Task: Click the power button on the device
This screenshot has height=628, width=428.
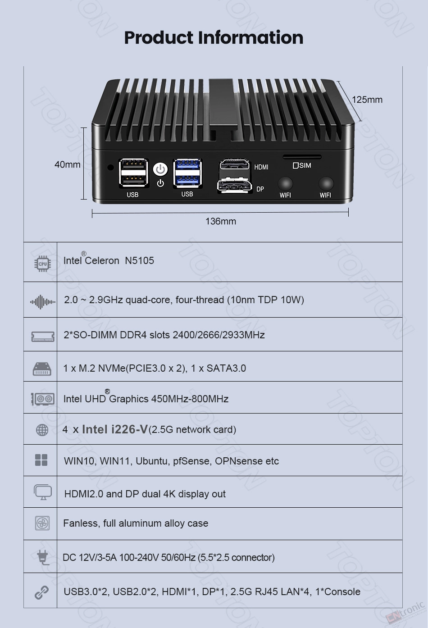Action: coord(160,169)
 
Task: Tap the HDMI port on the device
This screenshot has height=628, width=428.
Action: coord(235,164)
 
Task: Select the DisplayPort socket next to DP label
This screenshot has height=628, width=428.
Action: coord(235,186)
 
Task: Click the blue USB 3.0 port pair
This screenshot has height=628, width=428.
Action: coord(187,173)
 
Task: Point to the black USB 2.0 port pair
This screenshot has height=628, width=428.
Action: coord(133,173)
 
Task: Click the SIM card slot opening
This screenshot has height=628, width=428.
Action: coord(302,157)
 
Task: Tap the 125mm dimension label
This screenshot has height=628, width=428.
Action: coord(367,100)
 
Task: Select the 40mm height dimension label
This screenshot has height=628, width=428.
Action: coord(68,164)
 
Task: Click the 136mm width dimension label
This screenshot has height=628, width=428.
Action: coord(221,222)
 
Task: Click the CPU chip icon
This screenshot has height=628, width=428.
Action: coord(43,264)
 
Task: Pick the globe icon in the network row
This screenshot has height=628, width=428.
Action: coord(42,430)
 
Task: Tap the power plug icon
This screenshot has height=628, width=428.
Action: coord(43,557)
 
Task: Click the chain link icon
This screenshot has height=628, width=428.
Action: coord(42,592)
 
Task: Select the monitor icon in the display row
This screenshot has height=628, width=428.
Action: coord(43,492)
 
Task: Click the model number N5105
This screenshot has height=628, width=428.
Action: coord(139,261)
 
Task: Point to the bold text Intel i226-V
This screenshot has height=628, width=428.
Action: coord(115,429)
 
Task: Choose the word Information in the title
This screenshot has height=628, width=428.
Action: coord(250,37)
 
